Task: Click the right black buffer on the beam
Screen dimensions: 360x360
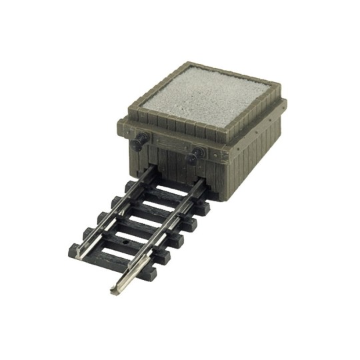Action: click(x=193, y=159)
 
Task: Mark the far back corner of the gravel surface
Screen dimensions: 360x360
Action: click(x=194, y=67)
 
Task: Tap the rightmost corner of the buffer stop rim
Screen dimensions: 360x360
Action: click(x=285, y=101)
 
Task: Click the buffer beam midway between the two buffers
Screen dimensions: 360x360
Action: click(x=167, y=148)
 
